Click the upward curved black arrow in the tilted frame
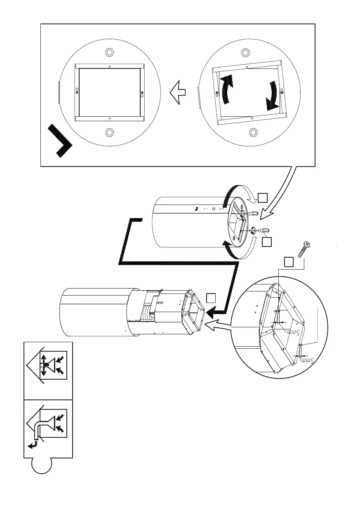[x=226, y=89]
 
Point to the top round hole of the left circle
[x=109, y=53]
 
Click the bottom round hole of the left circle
[x=109, y=132]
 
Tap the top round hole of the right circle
[x=245, y=53]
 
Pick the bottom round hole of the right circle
[x=253, y=132]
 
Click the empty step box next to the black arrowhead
[x=211, y=298]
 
